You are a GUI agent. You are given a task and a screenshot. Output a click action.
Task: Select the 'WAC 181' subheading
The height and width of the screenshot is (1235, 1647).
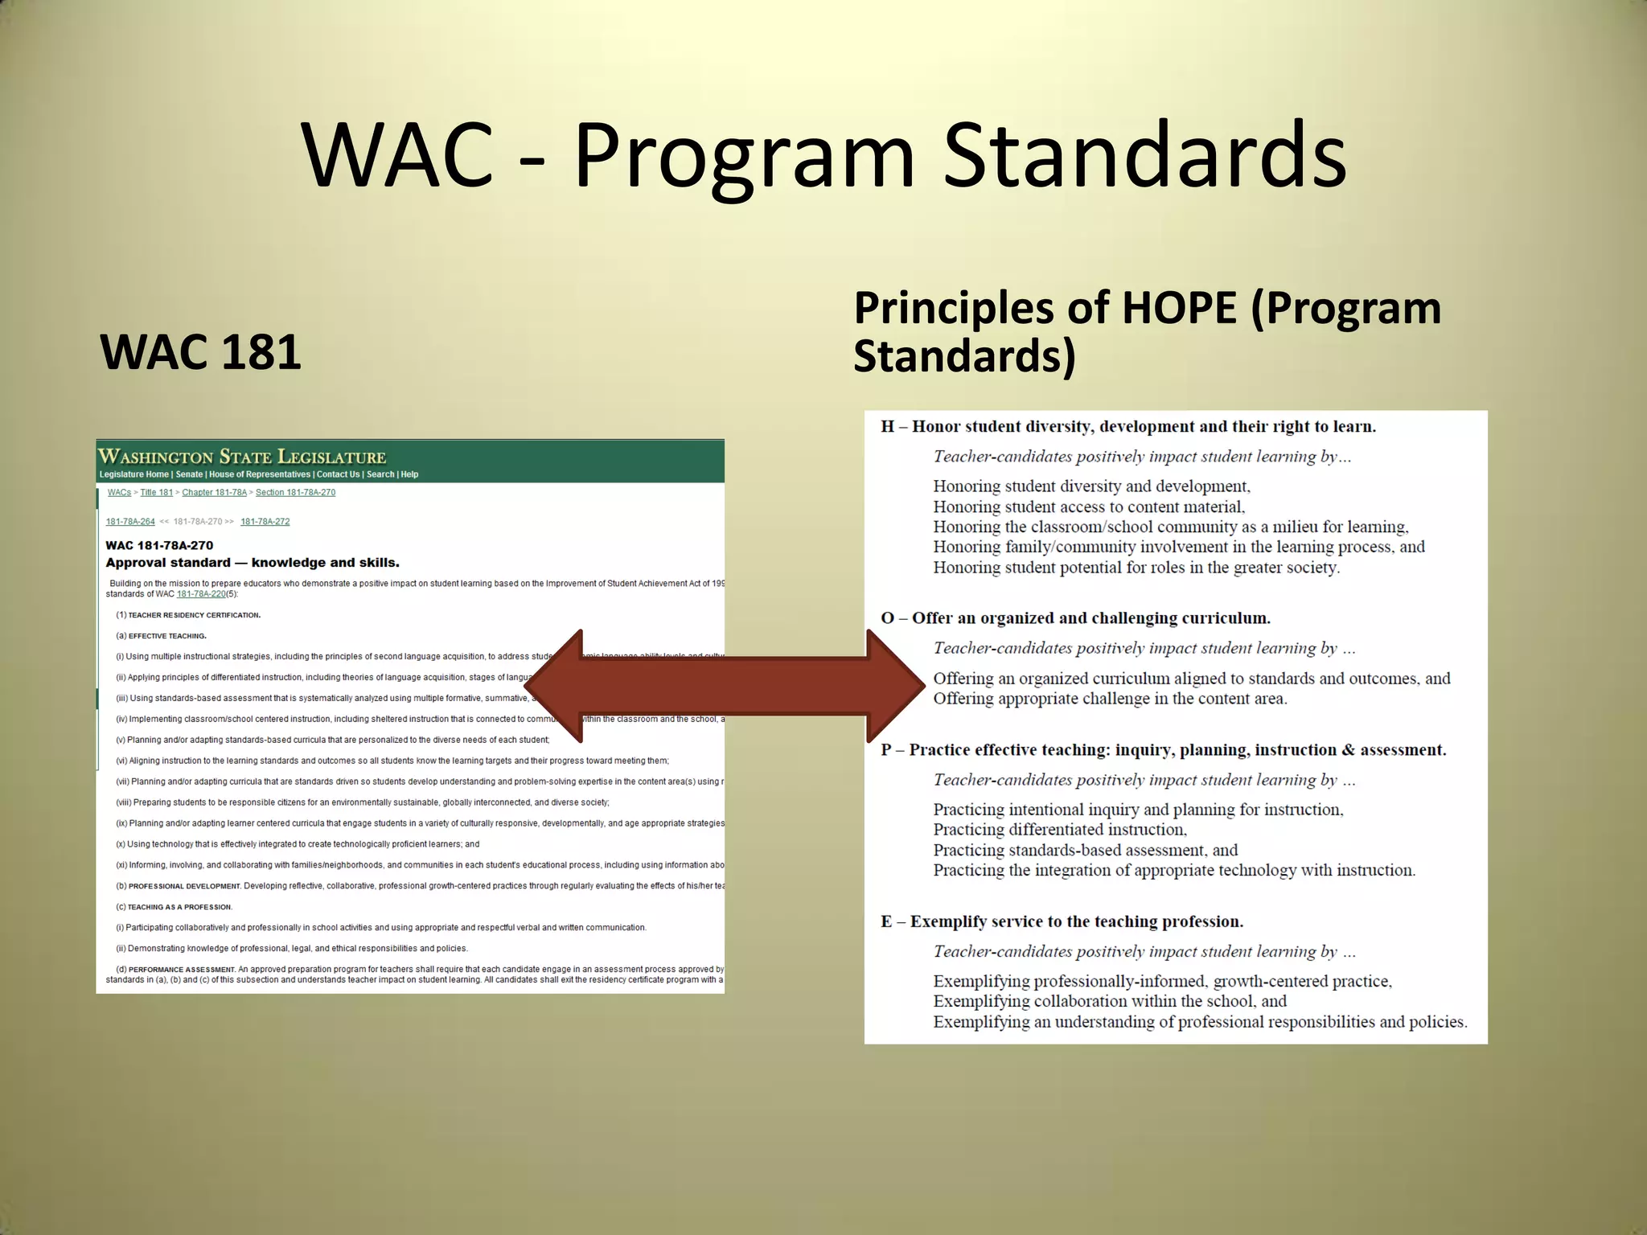tap(200, 352)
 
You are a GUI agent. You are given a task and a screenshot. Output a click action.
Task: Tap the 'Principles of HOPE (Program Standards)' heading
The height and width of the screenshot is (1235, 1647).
tap(1147, 331)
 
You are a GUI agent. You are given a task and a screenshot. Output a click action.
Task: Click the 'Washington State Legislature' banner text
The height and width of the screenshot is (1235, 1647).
tap(242, 457)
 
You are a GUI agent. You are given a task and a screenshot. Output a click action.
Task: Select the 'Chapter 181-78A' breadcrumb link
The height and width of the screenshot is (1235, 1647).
tap(214, 492)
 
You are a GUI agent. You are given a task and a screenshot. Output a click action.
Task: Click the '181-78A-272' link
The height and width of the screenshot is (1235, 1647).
tap(265, 521)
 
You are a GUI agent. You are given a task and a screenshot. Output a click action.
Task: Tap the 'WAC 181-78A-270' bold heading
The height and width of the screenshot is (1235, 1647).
tap(159, 545)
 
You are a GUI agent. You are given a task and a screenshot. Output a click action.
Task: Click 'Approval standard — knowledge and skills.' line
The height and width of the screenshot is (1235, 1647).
tap(253, 563)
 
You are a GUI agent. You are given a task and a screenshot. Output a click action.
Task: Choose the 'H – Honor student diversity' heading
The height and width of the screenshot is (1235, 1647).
tap(1127, 427)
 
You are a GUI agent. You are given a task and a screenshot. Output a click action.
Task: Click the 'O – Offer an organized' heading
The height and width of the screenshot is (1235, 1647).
tap(1075, 618)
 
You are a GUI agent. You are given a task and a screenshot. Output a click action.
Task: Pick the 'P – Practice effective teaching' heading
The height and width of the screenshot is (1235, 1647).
tap(1163, 750)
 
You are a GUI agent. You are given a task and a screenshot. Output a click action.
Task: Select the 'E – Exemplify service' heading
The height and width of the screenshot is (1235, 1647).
tap(1062, 921)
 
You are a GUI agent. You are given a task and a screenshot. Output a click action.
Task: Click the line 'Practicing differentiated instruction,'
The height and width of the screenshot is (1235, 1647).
tap(1060, 830)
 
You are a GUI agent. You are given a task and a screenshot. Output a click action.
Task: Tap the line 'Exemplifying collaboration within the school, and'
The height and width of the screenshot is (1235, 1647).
tap(1110, 1001)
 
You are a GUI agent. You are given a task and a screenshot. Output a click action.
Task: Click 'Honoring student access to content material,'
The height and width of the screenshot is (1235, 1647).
tap(1089, 507)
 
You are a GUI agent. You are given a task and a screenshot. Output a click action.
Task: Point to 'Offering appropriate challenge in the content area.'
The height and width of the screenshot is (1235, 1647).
tap(1110, 699)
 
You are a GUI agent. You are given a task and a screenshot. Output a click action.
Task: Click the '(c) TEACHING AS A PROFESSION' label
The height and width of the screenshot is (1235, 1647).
tap(175, 907)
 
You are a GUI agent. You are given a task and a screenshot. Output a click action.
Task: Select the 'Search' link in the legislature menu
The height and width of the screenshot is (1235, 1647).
tap(380, 474)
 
